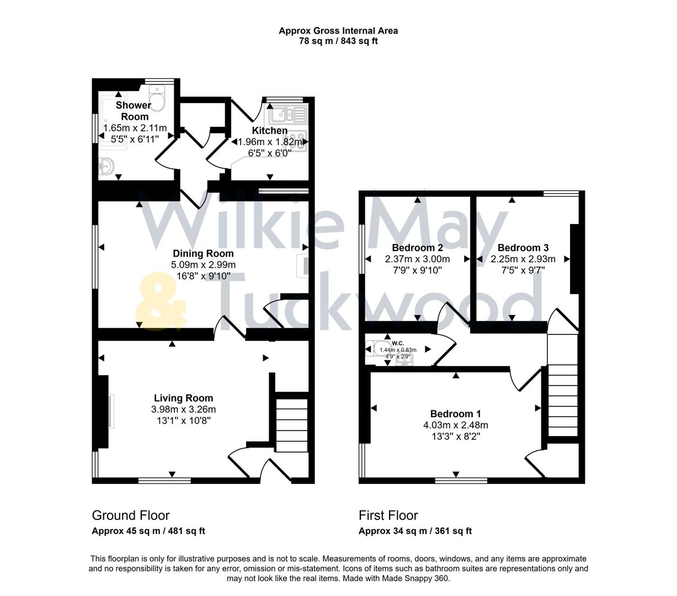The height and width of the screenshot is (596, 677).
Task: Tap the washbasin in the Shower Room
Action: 106,166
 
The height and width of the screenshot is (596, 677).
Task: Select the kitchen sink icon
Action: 287,115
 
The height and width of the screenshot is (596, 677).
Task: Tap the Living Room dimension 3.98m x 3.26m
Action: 183,409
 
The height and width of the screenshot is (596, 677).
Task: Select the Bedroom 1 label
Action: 456,414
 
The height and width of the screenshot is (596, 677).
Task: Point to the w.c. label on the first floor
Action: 398,343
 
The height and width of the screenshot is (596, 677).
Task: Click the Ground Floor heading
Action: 131,515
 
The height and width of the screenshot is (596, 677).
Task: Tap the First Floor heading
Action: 388,515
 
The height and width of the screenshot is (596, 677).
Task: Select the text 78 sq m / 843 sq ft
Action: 338,41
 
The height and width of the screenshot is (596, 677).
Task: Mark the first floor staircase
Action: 563,397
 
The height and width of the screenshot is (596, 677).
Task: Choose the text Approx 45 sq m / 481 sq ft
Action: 148,531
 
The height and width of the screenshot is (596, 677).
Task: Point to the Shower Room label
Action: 134,110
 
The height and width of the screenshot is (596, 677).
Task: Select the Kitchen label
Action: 270,131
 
